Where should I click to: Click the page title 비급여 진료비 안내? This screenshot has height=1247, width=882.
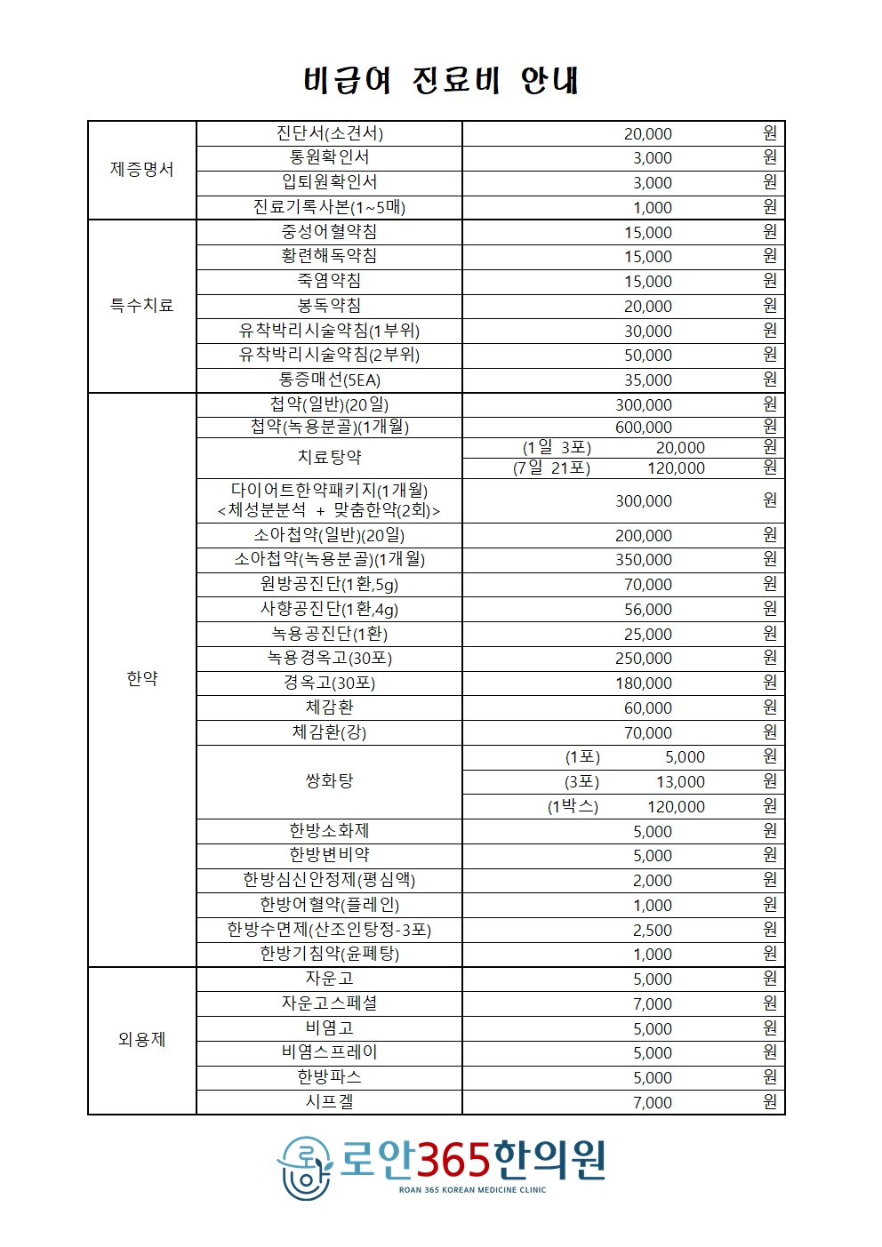[441, 80]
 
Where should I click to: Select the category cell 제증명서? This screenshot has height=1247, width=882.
[141, 170]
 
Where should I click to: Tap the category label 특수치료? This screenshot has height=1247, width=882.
[141, 306]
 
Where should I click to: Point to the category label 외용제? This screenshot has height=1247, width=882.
[141, 1040]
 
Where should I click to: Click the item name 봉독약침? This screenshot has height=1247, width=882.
[329, 306]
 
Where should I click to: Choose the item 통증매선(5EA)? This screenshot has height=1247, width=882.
[329, 380]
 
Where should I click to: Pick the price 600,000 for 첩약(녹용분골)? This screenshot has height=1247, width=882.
[644, 428]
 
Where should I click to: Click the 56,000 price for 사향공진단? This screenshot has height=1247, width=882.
[648, 610]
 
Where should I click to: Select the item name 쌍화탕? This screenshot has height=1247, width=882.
[329, 781]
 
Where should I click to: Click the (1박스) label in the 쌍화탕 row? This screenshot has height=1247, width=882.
[573, 807]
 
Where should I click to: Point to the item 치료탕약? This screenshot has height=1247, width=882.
[329, 458]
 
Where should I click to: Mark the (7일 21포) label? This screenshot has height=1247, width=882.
[551, 468]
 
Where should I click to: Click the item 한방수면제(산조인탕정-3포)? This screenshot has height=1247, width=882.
[329, 930]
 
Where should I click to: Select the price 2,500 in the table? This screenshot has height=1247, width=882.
[652, 931]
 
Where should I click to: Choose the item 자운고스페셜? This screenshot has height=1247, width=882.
[329, 1003]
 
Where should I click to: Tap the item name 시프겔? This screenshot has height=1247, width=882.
[329, 1102]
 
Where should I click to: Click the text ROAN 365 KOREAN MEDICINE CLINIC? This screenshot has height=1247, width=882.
[472, 1190]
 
